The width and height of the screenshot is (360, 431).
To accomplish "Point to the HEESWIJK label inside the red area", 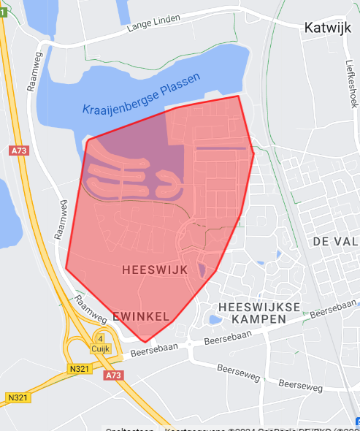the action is [156, 270].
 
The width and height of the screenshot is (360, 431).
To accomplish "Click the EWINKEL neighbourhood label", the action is [141, 316].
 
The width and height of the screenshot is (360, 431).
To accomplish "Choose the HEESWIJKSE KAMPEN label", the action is [258, 313].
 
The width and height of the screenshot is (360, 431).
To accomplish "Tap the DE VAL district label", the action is [335, 241].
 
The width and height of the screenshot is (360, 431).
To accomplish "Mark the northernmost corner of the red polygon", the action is [238, 96].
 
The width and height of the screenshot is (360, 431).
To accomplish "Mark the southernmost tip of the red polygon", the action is [145, 341].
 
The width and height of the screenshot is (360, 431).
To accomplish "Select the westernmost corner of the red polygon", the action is [66, 268].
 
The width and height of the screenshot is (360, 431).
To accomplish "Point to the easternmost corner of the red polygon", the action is [253, 153].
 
